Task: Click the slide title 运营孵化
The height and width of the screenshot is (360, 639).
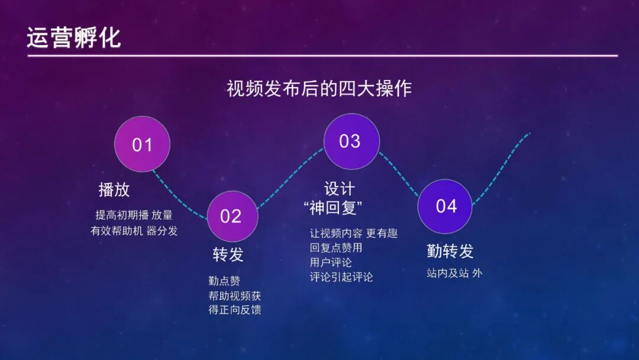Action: tap(74, 37)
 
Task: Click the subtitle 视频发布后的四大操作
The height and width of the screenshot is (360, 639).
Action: tap(319, 88)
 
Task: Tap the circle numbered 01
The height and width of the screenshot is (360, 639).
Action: tap(142, 144)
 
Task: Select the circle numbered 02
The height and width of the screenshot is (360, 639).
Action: tap(232, 216)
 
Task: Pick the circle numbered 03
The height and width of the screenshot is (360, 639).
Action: tap(351, 141)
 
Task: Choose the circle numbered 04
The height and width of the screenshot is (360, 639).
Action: tap(446, 206)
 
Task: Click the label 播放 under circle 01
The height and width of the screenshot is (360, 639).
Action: tap(114, 189)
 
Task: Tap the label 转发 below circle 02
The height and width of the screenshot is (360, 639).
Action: tap(228, 255)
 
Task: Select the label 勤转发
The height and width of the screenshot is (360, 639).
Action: tap(450, 251)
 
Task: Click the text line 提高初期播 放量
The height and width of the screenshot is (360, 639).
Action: tap(134, 215)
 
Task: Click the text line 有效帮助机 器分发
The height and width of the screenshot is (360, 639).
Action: tap(134, 231)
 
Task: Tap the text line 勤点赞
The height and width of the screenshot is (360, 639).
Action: tap(224, 281)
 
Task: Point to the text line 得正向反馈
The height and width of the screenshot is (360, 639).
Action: tap(235, 310)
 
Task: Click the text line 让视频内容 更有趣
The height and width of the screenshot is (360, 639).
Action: tap(353, 233)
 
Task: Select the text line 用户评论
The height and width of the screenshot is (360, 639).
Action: tap(331, 262)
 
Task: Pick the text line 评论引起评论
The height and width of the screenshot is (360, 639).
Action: tap(341, 277)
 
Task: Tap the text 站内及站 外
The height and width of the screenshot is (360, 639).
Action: tap(454, 274)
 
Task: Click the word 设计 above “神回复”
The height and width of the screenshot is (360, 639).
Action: tap(340, 189)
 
